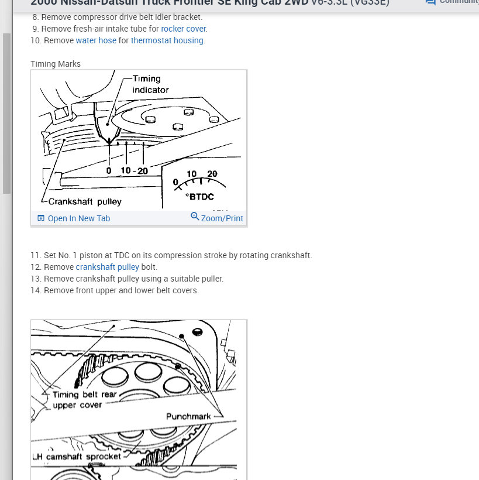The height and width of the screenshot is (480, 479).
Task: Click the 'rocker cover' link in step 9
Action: (x=184, y=29)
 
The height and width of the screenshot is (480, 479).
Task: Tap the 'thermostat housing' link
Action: (x=167, y=40)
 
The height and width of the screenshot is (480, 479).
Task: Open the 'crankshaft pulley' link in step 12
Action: (x=107, y=267)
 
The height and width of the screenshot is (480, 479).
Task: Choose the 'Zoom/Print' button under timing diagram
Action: (x=217, y=218)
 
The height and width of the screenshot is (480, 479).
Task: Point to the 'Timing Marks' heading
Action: (x=56, y=64)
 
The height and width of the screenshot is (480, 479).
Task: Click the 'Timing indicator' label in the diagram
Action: (x=150, y=84)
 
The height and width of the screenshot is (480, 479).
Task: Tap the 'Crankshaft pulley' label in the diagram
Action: (x=85, y=201)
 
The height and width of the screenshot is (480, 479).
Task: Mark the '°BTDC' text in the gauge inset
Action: (x=199, y=197)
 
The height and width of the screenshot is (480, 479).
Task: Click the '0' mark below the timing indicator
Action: (x=109, y=170)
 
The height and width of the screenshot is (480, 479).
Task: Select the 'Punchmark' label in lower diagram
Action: (x=188, y=416)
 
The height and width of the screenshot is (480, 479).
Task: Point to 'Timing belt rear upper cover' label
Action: (x=84, y=400)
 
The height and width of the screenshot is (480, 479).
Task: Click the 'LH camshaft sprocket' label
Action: (x=77, y=456)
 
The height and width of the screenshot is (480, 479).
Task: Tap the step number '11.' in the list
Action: (x=36, y=255)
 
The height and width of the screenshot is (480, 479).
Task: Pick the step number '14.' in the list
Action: (x=36, y=290)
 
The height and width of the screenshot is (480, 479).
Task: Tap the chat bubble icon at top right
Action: (x=430, y=2)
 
